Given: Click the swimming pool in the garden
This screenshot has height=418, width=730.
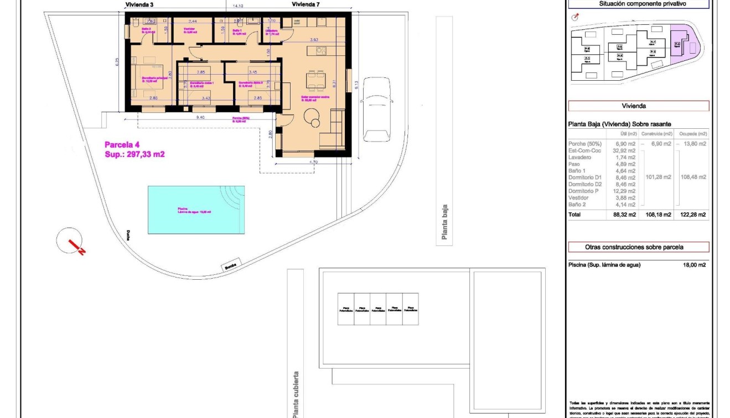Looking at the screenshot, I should pos(196,210).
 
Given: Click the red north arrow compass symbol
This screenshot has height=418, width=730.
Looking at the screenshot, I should pos(70,241).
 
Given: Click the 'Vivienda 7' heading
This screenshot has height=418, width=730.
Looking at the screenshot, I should pos(306,4).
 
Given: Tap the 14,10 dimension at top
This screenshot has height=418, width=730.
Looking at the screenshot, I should pos(237,6).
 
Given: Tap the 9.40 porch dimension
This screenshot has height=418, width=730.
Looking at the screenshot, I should pos(200,117).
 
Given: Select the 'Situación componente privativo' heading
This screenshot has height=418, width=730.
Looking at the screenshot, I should pos(638,3).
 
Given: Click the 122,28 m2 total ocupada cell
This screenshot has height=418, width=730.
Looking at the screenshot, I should pos(695,215).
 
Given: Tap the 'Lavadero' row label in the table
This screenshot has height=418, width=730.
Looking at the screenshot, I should pos(580,158).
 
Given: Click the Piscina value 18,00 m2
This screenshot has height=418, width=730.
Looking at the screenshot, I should pos(695,265).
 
